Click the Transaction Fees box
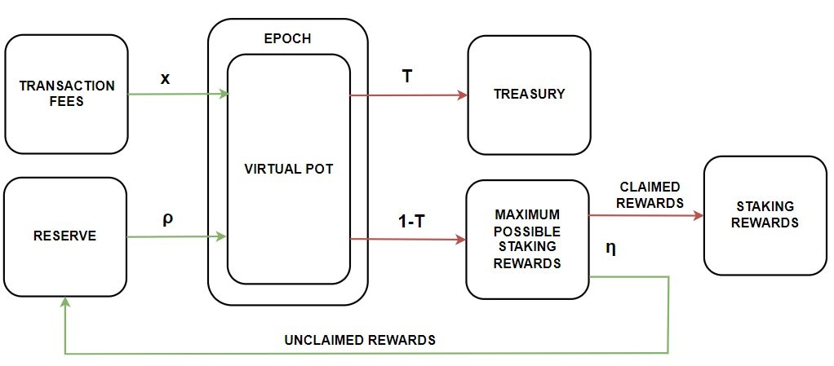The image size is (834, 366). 66,94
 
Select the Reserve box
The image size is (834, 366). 65,236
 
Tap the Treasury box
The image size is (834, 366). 529,94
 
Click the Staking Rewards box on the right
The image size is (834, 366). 765,215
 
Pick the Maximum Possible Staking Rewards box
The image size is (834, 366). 527,240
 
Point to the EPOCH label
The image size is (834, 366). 288,38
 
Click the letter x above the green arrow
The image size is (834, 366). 166,78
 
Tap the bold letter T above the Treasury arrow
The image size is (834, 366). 406,76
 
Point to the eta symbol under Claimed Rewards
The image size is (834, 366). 610,248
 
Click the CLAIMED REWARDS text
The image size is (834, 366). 650,195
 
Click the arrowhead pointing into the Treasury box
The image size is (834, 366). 462,95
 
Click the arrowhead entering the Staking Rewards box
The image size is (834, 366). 699,216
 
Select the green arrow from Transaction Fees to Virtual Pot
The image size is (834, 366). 177,95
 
